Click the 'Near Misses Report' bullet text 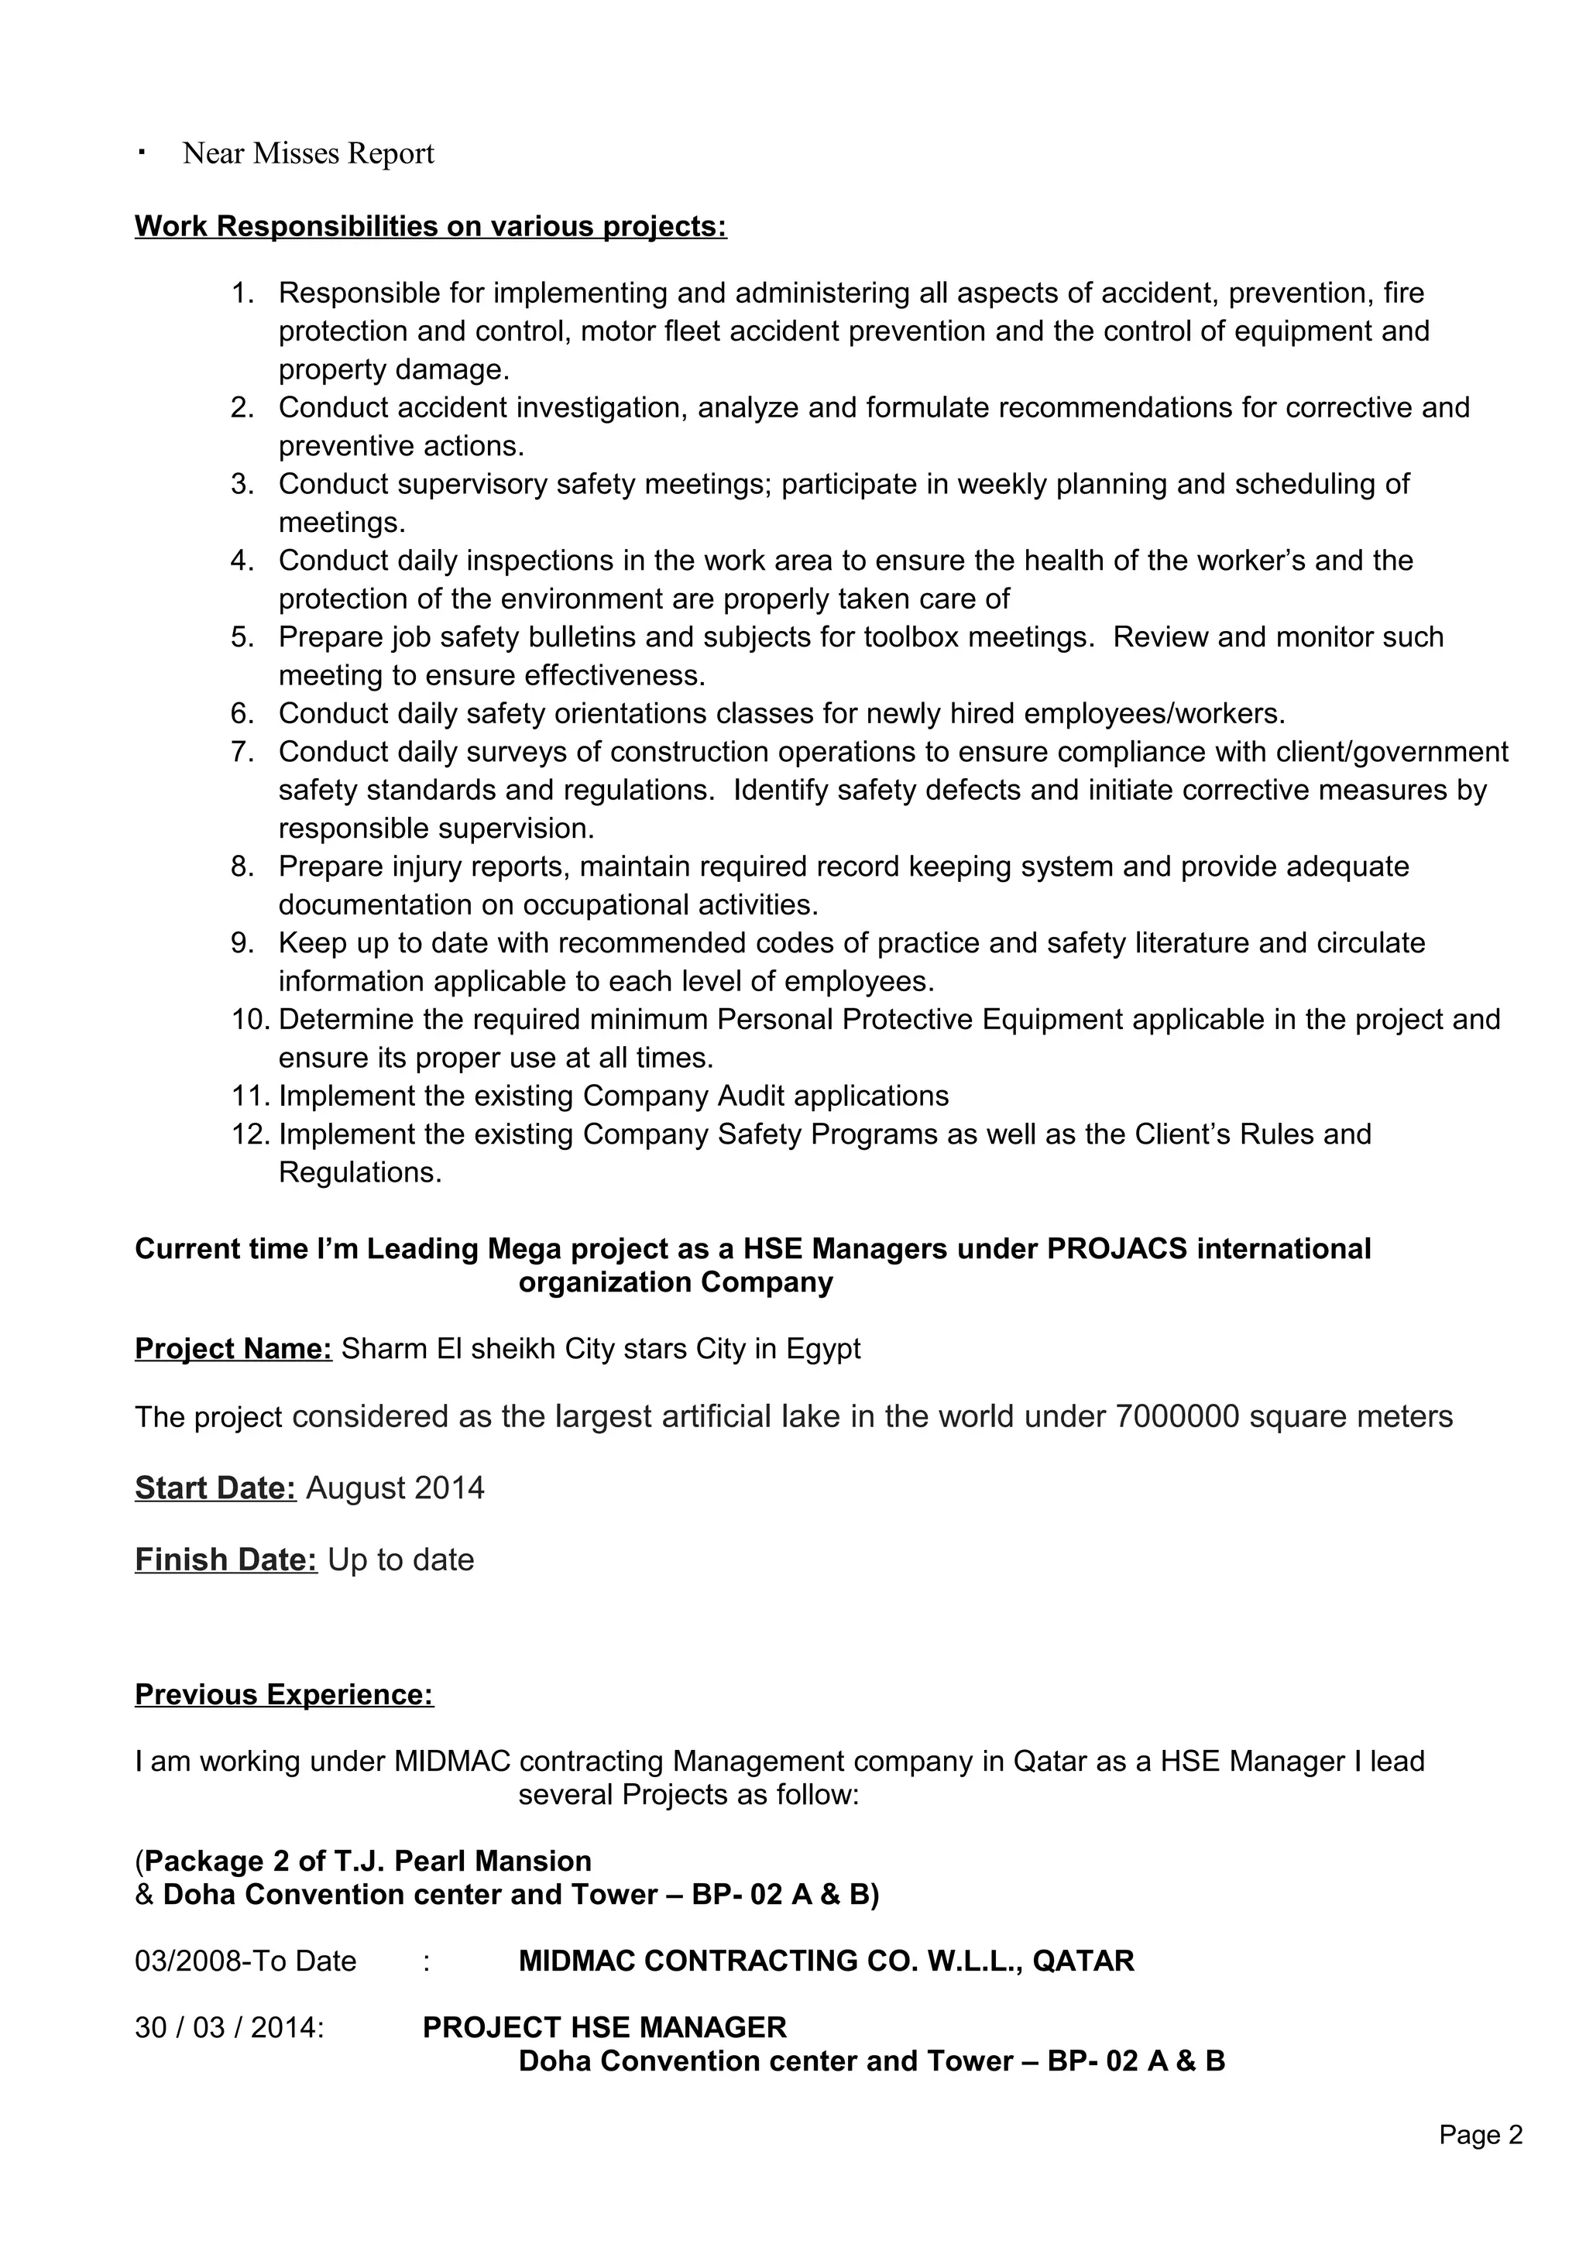click(307, 153)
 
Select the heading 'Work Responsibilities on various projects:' click(430, 226)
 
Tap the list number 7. click(242, 752)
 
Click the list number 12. click(250, 1134)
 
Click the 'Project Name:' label click(234, 1349)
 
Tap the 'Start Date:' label click(215, 1487)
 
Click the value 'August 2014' click(395, 1487)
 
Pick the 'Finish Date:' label click(225, 1559)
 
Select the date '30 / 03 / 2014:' click(230, 2028)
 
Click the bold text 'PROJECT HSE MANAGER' click(604, 2028)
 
